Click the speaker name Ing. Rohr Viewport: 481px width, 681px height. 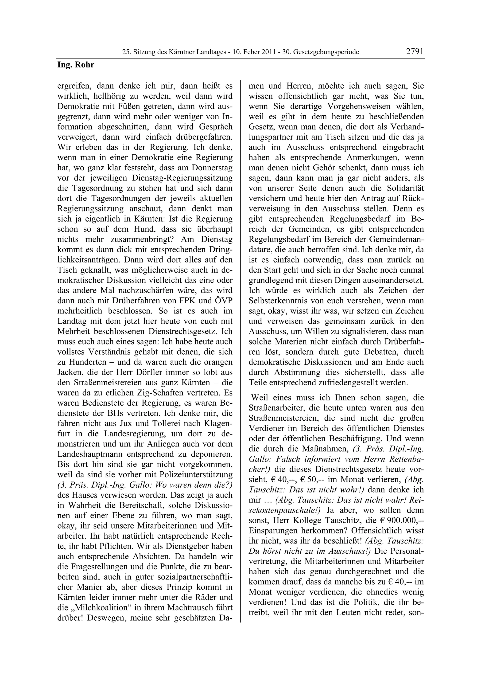pyautogui.click(x=76, y=65)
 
